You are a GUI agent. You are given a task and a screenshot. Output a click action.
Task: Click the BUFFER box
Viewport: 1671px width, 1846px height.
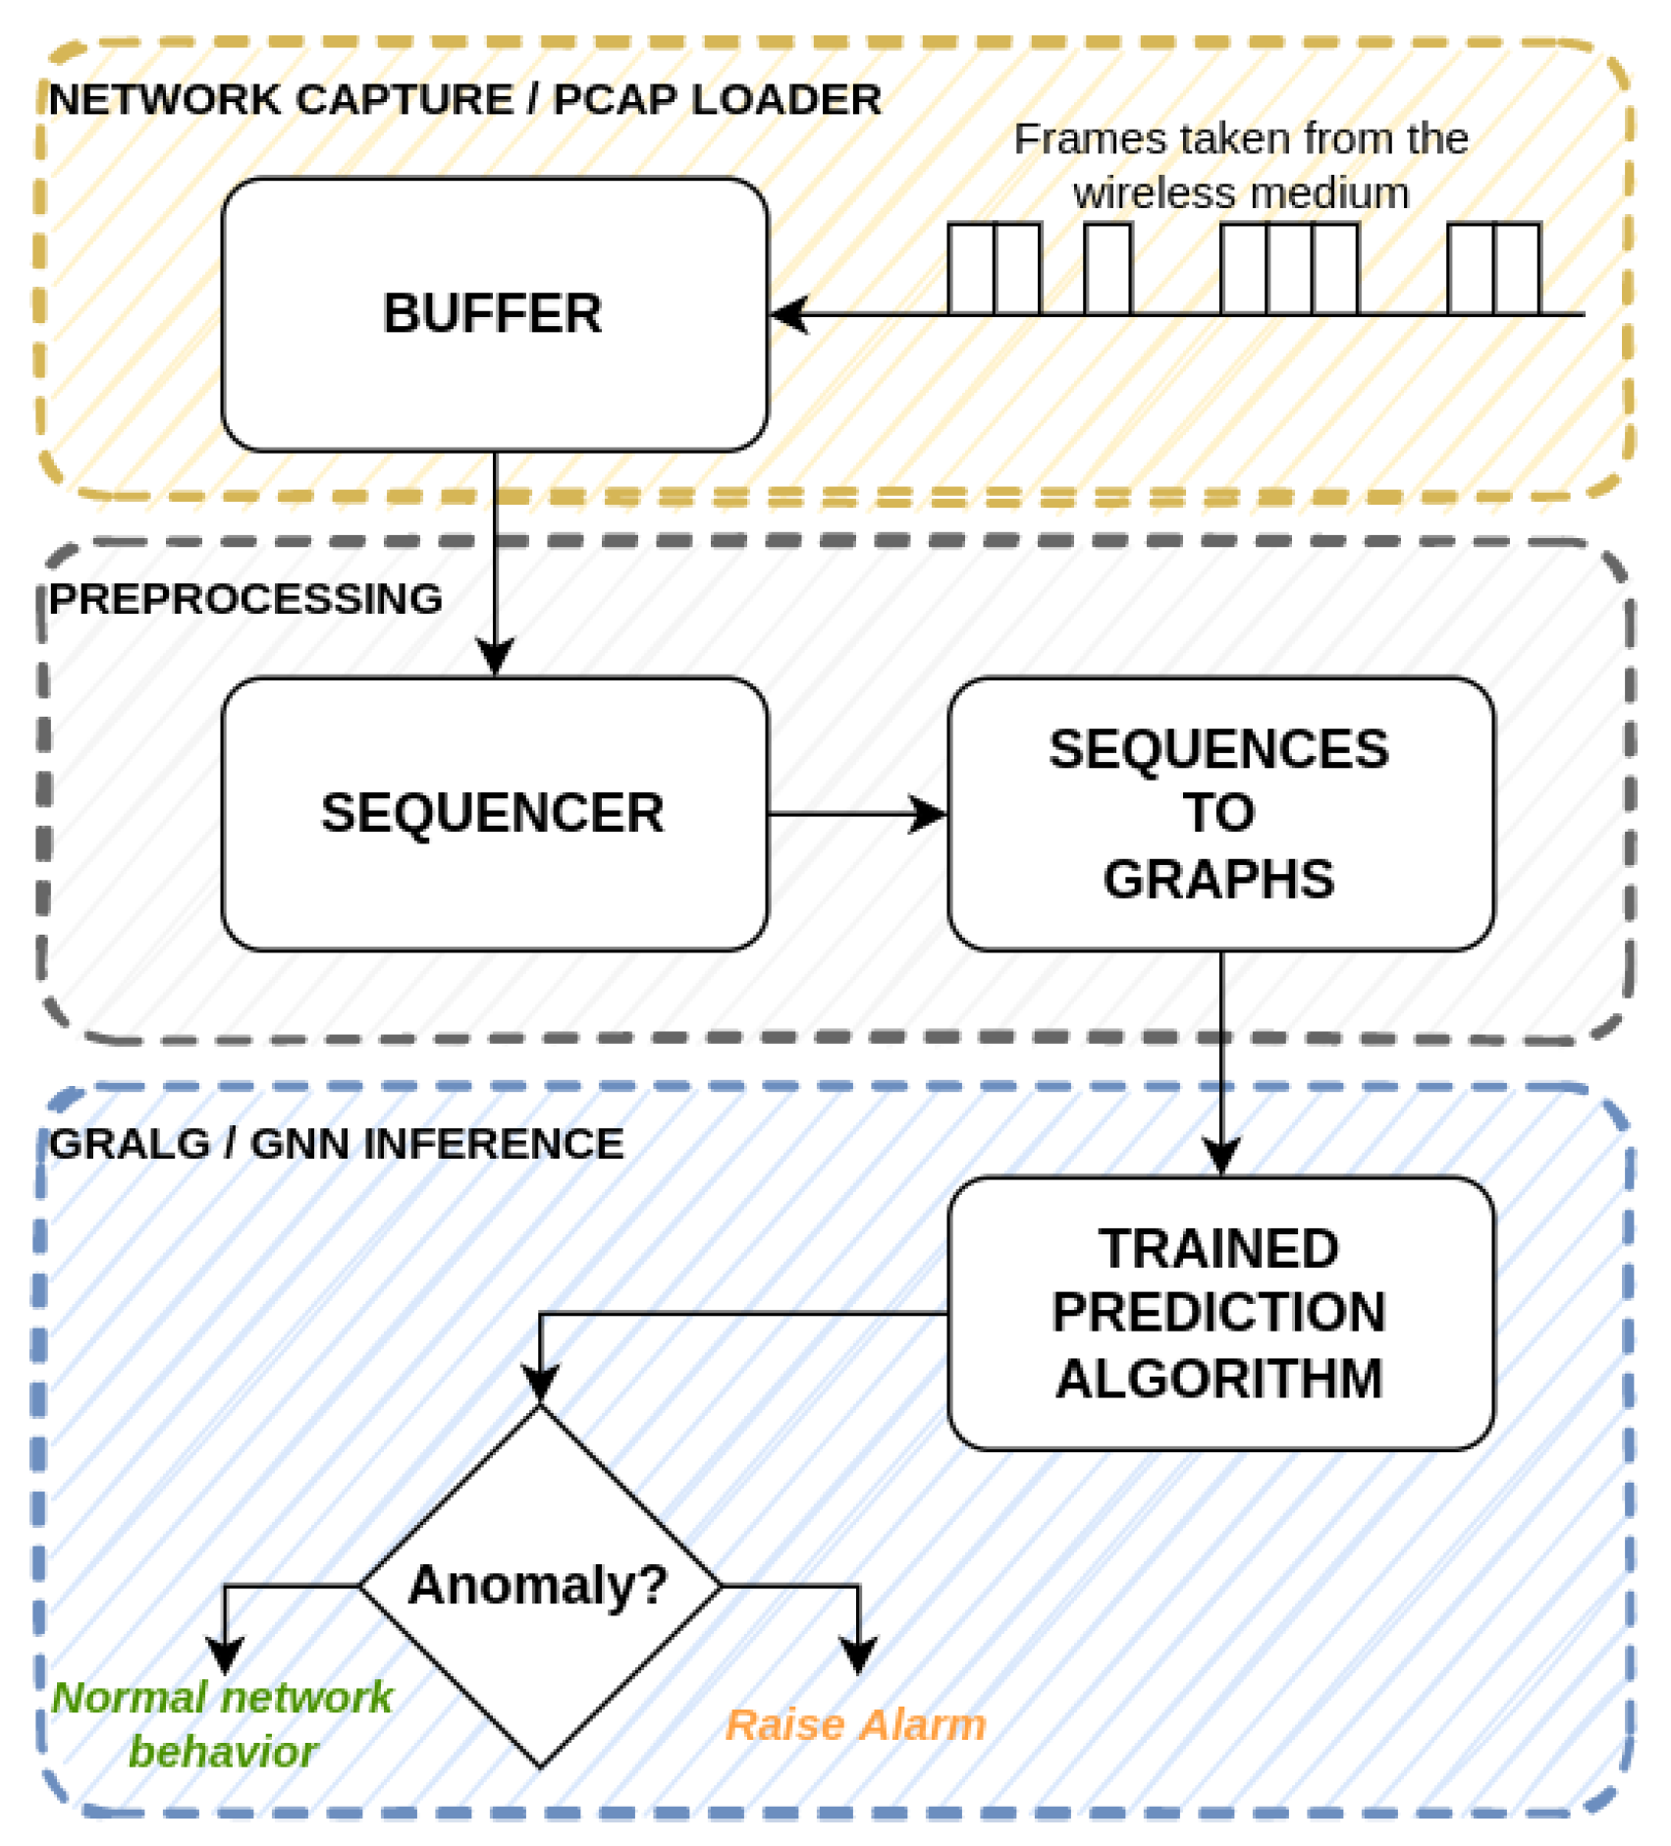tap(494, 314)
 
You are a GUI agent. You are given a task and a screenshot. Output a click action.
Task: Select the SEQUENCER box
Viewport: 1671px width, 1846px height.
tap(494, 813)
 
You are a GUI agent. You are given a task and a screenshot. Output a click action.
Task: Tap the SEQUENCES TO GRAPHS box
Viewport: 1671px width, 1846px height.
tap(1219, 813)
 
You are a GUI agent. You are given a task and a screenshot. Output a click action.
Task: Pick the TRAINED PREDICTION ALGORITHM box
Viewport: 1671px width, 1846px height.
tap(1219, 1312)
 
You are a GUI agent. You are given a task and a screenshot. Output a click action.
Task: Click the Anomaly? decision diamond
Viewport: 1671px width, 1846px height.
tap(539, 1585)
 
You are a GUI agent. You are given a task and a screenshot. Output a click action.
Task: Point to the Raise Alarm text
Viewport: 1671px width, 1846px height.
tap(855, 1725)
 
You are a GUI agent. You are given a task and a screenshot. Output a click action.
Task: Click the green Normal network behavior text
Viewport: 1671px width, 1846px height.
tap(223, 1723)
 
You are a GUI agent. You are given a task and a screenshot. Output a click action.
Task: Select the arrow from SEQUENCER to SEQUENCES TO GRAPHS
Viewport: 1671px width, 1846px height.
tap(854, 814)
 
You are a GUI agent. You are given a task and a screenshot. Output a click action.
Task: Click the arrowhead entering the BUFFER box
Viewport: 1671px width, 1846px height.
tap(788, 314)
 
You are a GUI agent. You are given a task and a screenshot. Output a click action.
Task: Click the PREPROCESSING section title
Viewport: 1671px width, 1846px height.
tap(245, 599)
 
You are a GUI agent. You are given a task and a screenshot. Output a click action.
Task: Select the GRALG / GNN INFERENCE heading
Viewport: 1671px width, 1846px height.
tap(336, 1144)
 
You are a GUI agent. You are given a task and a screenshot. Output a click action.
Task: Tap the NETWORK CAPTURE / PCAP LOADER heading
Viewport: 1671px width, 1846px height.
tap(464, 100)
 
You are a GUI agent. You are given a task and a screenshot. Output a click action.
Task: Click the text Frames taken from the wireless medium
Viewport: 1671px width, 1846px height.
tap(1240, 165)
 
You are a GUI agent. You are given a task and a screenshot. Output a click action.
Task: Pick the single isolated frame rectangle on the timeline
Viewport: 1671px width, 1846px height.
tap(1107, 269)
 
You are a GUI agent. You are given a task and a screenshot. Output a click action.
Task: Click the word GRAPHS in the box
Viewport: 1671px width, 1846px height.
tap(1218, 879)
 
